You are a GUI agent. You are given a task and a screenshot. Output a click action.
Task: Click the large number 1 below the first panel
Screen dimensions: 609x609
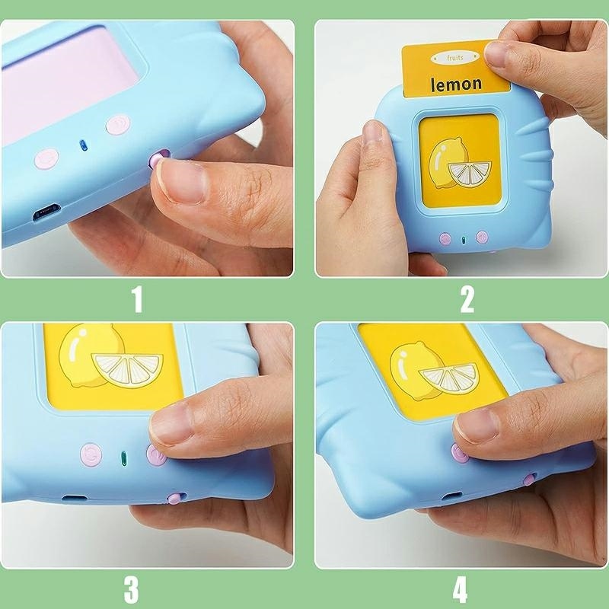tap(138, 299)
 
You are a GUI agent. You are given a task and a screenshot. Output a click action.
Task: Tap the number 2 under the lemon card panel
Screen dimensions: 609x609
tap(467, 299)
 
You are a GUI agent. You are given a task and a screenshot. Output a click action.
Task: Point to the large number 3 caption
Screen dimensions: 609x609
tap(131, 589)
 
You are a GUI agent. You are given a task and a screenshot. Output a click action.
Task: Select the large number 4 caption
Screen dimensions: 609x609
tap(461, 589)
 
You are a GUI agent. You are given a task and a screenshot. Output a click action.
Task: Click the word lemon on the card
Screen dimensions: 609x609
tap(456, 84)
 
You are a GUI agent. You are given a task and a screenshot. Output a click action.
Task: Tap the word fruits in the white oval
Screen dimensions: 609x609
tap(454, 58)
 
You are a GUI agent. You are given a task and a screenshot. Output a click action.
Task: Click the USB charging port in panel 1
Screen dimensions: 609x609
tap(46, 212)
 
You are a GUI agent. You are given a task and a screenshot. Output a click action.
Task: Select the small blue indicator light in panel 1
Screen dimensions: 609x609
tap(83, 145)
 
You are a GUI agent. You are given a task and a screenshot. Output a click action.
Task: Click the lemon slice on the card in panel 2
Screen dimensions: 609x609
tap(470, 174)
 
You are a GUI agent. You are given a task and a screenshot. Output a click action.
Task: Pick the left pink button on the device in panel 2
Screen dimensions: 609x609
tap(445, 238)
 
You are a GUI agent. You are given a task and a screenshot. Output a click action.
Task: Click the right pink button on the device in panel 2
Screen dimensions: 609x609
tap(482, 237)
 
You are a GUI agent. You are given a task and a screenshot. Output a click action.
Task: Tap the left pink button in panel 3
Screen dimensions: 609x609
tap(91, 454)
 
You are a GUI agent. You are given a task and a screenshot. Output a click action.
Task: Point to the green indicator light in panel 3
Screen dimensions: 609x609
tap(124, 458)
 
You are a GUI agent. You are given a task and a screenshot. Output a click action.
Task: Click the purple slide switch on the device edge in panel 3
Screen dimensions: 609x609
tap(175, 498)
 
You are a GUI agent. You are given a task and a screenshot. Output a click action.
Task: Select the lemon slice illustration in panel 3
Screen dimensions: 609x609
tap(128, 370)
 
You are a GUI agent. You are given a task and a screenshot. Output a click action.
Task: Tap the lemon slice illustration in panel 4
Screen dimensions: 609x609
tap(450, 378)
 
